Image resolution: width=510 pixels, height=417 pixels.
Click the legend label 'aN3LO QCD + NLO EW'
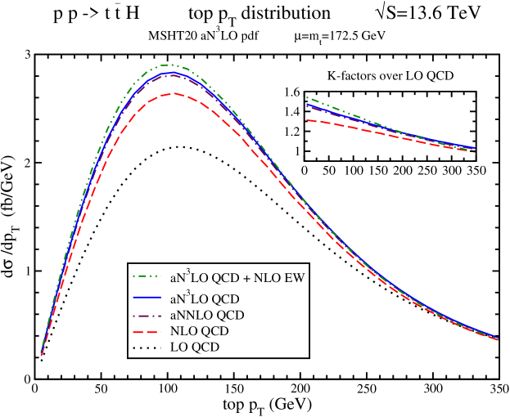pyautogui.click(x=237, y=278)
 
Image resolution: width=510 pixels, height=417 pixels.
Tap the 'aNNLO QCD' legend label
pyautogui.click(x=207, y=315)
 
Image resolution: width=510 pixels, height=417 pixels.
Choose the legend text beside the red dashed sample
pyautogui.click(x=199, y=331)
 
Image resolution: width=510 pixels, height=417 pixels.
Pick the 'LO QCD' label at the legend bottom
pyautogui.click(x=194, y=347)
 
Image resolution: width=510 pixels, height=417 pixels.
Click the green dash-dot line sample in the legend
pyautogui.click(x=147, y=278)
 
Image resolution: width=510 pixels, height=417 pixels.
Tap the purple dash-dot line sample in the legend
pyautogui.click(x=147, y=315)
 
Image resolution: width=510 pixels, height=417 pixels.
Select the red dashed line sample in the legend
pyautogui.click(x=147, y=331)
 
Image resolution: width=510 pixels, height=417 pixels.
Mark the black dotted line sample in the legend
pyautogui.click(x=147, y=347)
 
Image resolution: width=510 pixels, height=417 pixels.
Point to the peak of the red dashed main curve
pyautogui.click(x=173, y=93)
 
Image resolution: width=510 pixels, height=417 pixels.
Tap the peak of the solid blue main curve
pyautogui.click(x=172, y=72)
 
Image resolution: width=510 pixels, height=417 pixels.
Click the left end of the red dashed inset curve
pyautogui.click(x=307, y=120)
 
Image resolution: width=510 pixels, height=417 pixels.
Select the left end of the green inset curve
pyautogui.click(x=307, y=97)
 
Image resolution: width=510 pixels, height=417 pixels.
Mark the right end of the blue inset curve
pyautogui.click(x=475, y=148)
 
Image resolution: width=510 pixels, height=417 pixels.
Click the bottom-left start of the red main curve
pyautogui.click(x=42, y=355)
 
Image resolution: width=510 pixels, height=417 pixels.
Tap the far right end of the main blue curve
pyautogui.click(x=499, y=338)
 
